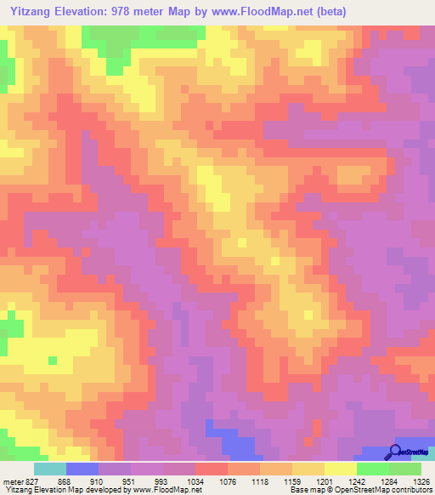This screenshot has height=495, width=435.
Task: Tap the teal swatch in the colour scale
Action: coord(50,469)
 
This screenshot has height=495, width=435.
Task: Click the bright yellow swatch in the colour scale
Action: coord(340,469)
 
